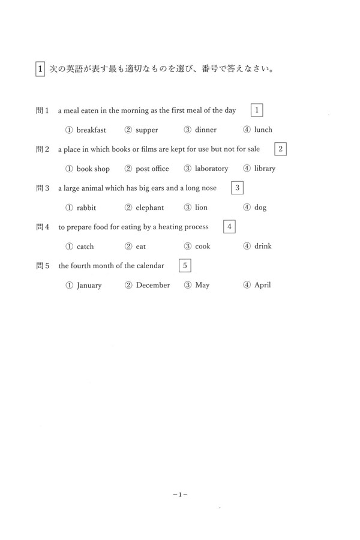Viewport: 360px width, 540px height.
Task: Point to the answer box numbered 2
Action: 280,149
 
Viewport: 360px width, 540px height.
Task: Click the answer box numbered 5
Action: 185,265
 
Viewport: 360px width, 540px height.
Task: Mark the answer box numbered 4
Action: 229,226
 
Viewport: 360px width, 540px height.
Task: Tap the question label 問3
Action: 42,188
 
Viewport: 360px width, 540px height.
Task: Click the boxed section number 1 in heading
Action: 40,69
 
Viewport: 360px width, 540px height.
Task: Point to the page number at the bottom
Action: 180,495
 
